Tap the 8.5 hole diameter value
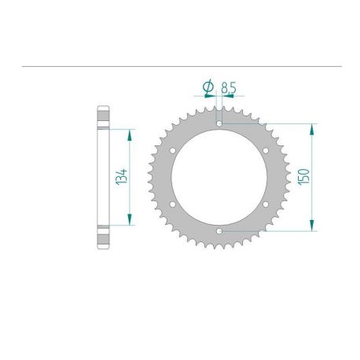pyautogui.click(x=230, y=86)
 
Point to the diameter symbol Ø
pyautogui.click(x=208, y=86)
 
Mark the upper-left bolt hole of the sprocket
pyautogui.click(x=172, y=149)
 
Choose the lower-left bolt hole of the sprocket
pyautogui.click(x=172, y=204)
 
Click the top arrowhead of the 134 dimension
pyautogui.click(x=131, y=132)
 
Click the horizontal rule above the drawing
pyautogui.click(x=180, y=67)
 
